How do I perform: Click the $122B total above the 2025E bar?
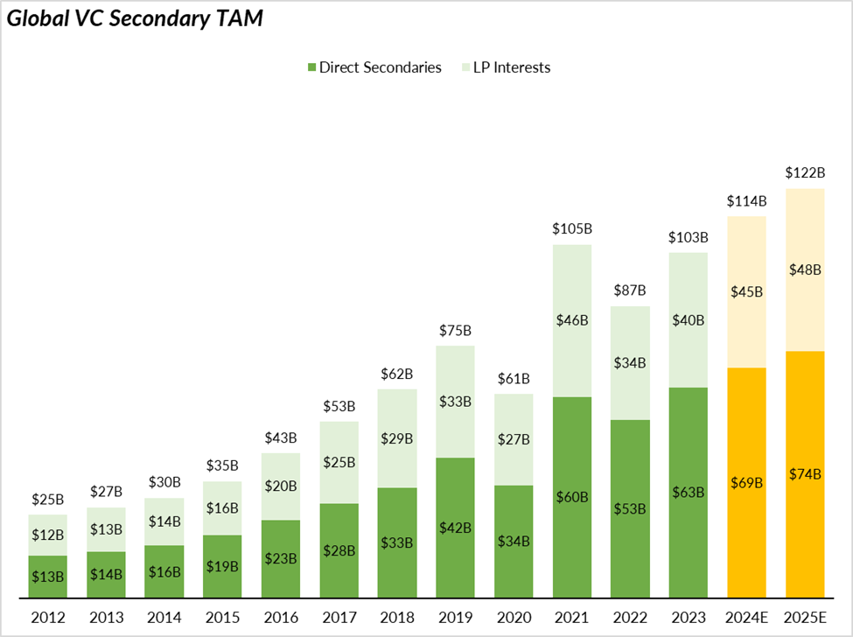[x=805, y=173]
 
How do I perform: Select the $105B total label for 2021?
[x=572, y=228]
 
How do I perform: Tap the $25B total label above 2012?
[x=47, y=500]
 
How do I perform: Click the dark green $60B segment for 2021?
[x=572, y=497]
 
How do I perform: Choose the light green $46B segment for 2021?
[x=572, y=320]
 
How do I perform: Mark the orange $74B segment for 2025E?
[x=805, y=474]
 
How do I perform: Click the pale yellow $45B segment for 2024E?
[x=746, y=291]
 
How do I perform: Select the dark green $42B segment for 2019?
[x=455, y=528]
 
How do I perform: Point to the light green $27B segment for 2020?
[x=514, y=439]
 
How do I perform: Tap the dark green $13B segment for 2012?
[x=47, y=577]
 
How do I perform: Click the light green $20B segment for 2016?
[x=280, y=486]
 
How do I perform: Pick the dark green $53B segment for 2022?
[x=630, y=508]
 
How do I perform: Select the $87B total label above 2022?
[x=630, y=290]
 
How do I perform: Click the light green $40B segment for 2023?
[x=689, y=320]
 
